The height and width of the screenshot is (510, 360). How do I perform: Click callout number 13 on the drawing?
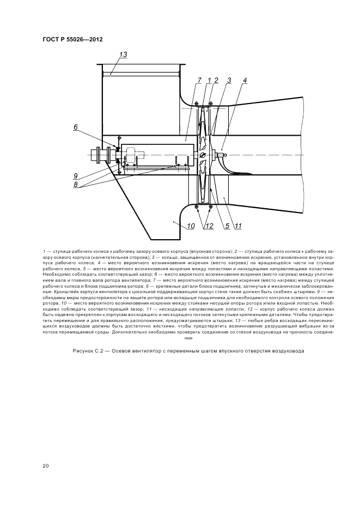[x=123, y=54]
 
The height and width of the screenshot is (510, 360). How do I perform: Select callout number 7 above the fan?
[x=199, y=80]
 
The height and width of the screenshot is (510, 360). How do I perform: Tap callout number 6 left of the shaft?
[x=76, y=127]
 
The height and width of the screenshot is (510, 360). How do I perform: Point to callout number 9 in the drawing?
[x=76, y=176]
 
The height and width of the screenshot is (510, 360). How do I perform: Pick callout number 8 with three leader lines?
[x=76, y=184]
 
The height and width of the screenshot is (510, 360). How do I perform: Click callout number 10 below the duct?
[x=191, y=226]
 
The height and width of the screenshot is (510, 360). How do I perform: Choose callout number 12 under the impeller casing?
[x=209, y=226]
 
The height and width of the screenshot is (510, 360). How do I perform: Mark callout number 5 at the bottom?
[x=227, y=226]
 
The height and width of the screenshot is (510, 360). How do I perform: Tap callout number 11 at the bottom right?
[x=238, y=226]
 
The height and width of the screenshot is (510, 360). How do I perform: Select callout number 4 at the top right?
[x=244, y=80]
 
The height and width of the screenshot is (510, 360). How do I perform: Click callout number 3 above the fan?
[x=229, y=80]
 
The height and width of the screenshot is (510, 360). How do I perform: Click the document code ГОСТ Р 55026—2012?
[x=72, y=40]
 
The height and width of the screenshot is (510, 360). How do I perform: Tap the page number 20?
[x=46, y=466]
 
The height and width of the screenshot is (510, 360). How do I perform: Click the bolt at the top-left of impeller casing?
[x=197, y=104]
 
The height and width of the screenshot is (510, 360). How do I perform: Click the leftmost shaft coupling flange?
[x=97, y=155]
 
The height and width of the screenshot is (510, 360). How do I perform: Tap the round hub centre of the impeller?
[x=203, y=155]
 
